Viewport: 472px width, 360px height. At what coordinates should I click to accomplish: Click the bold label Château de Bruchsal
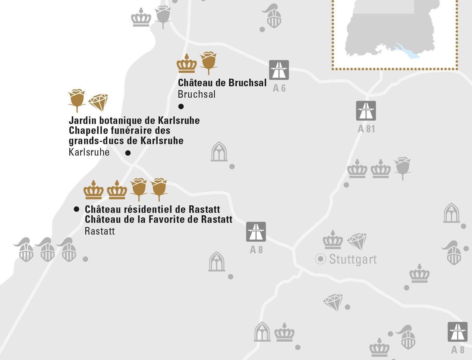(222, 83)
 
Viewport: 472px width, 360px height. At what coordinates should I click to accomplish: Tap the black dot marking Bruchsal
(181, 106)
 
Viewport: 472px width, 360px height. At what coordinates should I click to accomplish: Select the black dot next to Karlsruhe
(128, 153)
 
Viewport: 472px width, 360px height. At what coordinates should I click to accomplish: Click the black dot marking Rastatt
(77, 209)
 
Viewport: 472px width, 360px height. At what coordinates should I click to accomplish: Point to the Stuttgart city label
(353, 259)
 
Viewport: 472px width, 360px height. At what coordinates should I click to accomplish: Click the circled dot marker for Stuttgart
(320, 259)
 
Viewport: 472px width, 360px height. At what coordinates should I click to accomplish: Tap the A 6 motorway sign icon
(279, 70)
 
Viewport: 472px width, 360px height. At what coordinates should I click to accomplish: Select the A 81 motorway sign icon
(366, 111)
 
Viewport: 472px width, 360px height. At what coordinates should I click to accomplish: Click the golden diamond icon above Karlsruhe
(98, 102)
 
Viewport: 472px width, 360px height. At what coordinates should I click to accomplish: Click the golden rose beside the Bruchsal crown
(209, 62)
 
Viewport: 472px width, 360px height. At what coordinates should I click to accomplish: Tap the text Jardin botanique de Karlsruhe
(134, 121)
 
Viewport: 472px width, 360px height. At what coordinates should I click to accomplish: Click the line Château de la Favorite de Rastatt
(159, 219)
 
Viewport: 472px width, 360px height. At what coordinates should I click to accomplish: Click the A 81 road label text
(366, 129)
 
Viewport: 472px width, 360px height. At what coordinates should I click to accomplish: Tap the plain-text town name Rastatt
(100, 231)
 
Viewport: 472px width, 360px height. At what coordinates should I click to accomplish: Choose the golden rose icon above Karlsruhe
(77, 99)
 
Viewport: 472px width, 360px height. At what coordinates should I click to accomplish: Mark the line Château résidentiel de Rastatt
(152, 209)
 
